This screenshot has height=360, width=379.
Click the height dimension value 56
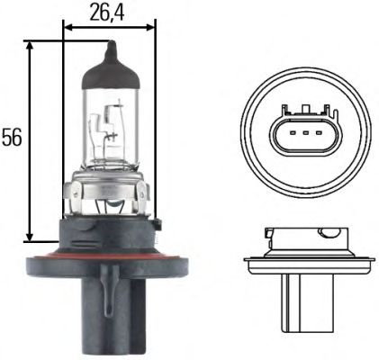click(x=11, y=138)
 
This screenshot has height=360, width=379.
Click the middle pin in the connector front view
click(x=302, y=139)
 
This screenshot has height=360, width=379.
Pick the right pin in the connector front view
click(x=319, y=139)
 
